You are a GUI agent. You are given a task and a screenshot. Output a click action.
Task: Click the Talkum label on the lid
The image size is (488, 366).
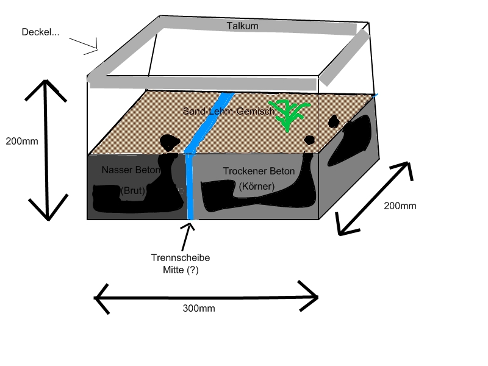[242, 26]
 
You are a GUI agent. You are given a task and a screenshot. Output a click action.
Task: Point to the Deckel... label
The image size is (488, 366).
[40, 32]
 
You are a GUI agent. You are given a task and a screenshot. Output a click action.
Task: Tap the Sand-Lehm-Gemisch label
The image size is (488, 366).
[229, 111]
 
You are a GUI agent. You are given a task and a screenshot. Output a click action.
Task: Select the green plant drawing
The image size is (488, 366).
[289, 115]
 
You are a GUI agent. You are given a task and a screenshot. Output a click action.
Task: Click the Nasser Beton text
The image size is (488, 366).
[131, 170]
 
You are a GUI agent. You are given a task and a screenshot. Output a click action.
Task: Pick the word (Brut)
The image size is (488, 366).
[132, 190]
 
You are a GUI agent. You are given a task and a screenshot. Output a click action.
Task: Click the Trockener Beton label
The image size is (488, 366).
[259, 171]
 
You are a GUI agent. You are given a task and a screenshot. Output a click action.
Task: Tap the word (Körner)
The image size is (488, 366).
[257, 186]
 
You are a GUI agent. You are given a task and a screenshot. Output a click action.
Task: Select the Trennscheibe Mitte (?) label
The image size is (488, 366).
[181, 264]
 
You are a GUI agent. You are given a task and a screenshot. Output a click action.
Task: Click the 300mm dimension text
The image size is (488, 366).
[199, 308]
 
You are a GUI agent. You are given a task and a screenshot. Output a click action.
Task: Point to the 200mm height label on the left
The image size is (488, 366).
[22, 141]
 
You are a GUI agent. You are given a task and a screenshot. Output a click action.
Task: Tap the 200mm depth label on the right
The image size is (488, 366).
[400, 206]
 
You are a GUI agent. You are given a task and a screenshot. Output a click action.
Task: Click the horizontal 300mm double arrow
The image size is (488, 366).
[206, 298]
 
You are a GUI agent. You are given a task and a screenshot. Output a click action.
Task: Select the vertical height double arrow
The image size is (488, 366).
[46, 150]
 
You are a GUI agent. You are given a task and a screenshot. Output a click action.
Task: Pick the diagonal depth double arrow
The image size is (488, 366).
[375, 198]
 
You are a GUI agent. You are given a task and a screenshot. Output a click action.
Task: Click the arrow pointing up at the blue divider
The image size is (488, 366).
[187, 237]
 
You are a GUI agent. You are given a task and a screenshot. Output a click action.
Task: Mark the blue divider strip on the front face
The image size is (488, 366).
[190, 186]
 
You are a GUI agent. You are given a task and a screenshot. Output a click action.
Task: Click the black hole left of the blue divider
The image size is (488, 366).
[170, 142]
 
